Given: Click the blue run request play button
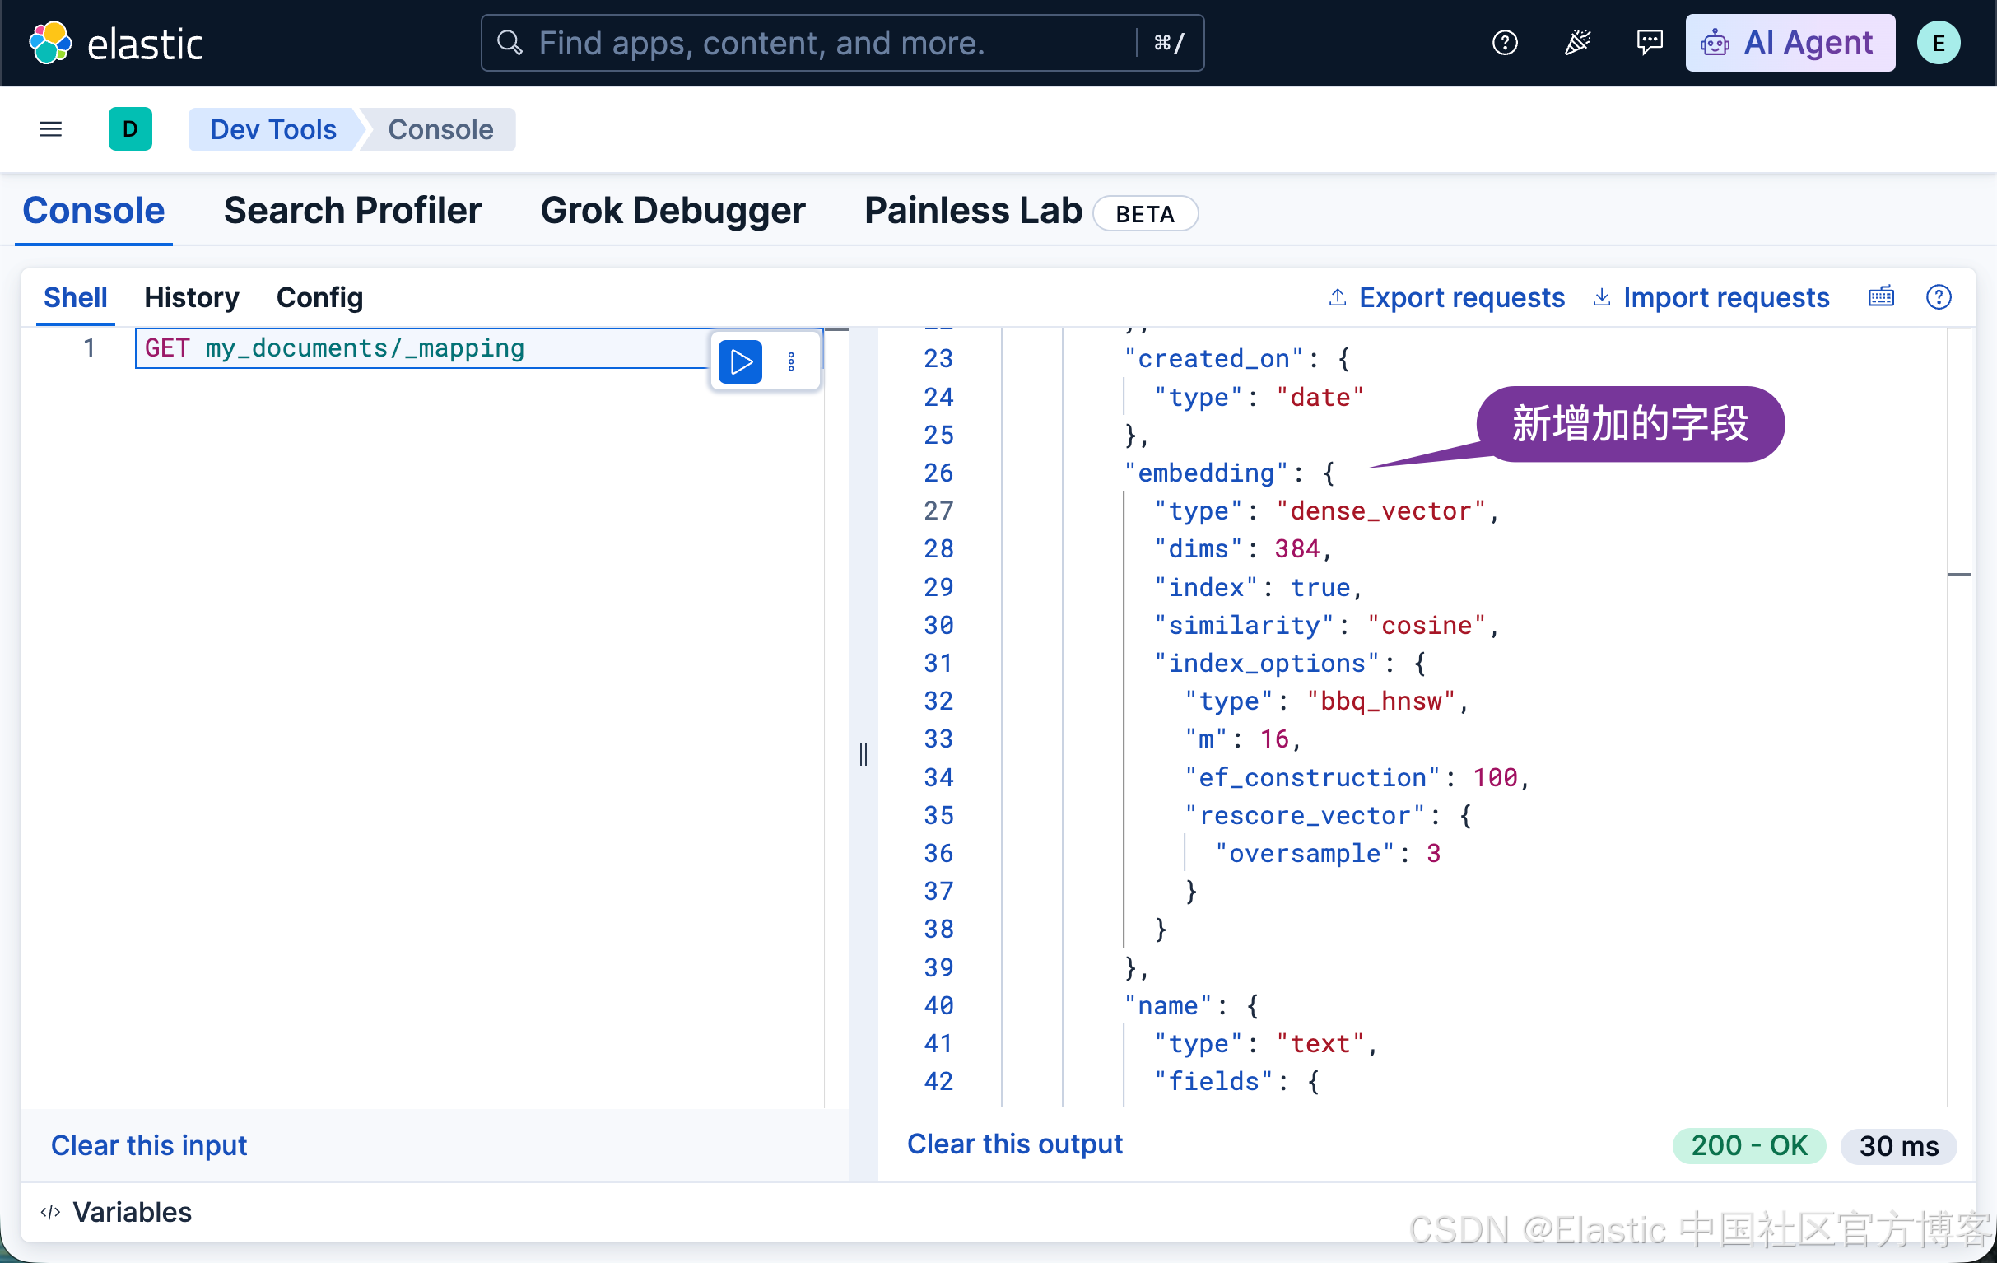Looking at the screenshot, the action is tap(740, 361).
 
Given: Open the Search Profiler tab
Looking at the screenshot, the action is tap(352, 211).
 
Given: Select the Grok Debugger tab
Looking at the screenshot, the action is tap(673, 211).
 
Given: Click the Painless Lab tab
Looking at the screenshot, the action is tap(973, 211).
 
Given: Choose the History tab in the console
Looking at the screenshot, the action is tap(192, 298).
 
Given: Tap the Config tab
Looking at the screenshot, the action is tap(319, 298).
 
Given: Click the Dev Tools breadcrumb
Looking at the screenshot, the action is tap(272, 129).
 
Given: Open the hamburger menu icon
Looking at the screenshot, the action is tap(50, 129).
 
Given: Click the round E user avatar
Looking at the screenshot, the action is tap(1938, 43).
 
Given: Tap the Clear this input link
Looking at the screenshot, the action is tap(149, 1144).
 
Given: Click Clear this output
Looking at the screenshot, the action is tap(1014, 1144).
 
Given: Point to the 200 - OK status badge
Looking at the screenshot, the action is tap(1748, 1145).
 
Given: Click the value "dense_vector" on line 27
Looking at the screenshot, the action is tap(1380, 510).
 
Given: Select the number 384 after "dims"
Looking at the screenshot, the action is tap(1297, 549).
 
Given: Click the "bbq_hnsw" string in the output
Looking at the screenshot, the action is tap(1380, 701).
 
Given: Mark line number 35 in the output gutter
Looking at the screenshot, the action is tap(938, 815).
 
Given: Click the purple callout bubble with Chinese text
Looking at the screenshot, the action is tap(1630, 424).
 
